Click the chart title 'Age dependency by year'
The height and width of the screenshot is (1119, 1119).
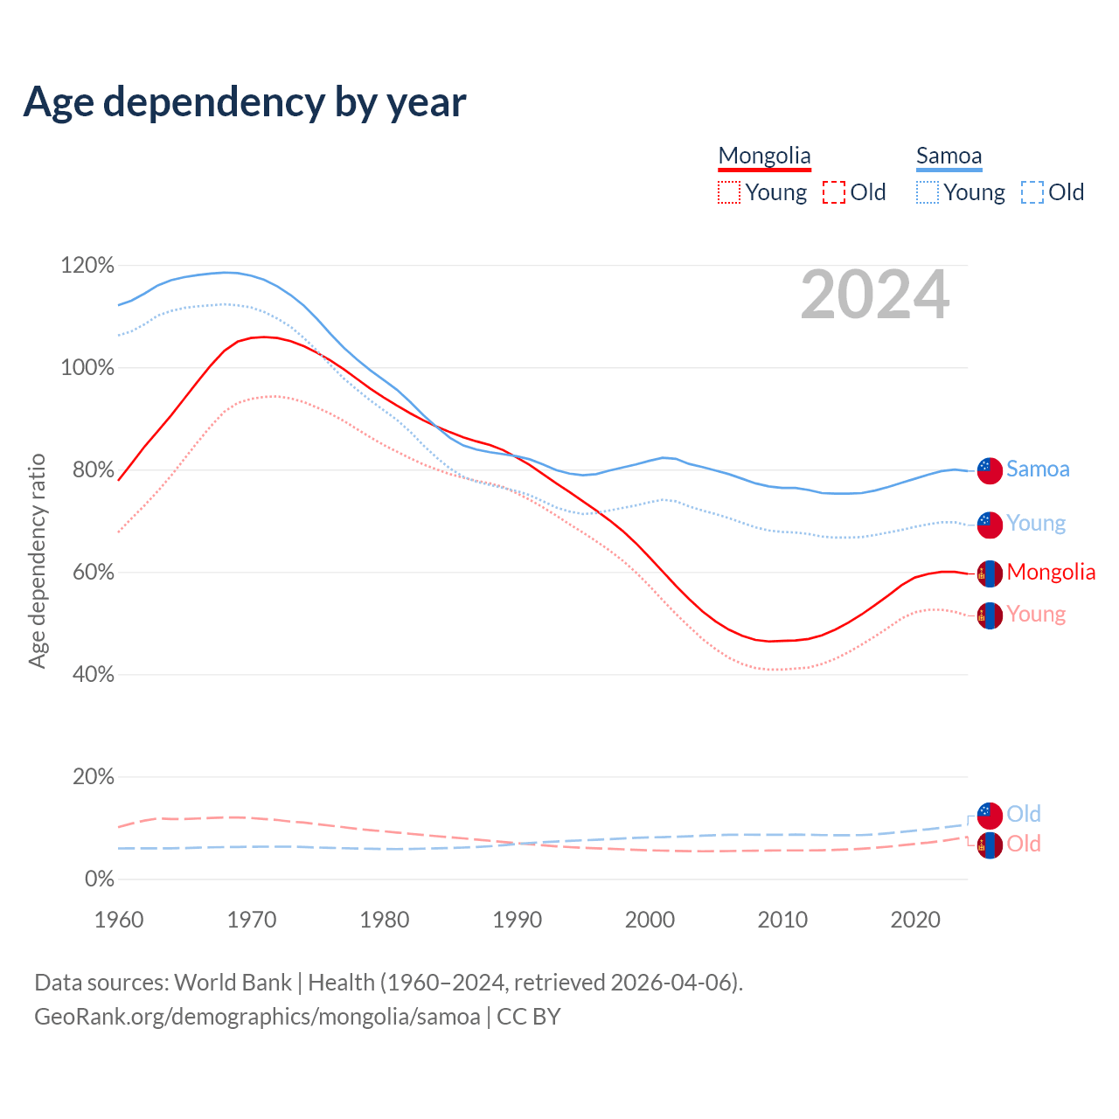click(245, 102)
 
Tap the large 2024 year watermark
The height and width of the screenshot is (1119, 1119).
click(874, 295)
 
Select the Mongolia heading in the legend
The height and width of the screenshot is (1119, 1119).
click(764, 156)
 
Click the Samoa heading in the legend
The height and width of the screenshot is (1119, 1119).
click(949, 156)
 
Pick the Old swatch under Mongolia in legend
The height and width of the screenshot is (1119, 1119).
click(834, 192)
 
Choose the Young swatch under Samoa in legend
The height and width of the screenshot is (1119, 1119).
click(928, 192)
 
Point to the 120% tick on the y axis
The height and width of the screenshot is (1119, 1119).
click(87, 265)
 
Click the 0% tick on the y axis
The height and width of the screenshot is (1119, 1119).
click(99, 879)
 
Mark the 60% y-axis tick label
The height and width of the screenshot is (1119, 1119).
click(87, 572)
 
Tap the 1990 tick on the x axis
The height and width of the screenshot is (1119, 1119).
click(518, 920)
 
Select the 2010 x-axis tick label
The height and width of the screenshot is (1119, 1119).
click(782, 920)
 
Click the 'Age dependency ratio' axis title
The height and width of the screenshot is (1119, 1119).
click(37, 560)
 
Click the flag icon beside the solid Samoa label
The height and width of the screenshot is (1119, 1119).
click(990, 470)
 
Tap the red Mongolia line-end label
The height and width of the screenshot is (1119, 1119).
click(1051, 572)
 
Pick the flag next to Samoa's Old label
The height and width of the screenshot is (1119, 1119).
click(990, 815)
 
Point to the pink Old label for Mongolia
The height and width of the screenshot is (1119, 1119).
click(1024, 844)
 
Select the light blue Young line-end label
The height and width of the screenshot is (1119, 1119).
click(1036, 523)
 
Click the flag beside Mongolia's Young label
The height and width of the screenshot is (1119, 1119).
click(990, 615)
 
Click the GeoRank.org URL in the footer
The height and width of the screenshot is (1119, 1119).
click(257, 1017)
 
